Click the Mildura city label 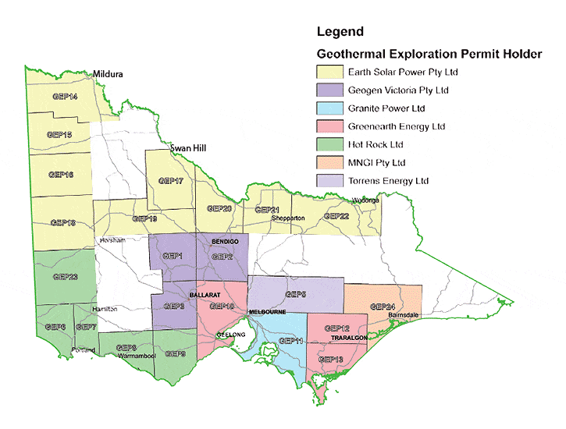(x=109, y=76)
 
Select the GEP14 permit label (x=65, y=97)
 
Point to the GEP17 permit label (x=170, y=181)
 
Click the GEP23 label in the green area (x=65, y=276)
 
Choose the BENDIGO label (x=224, y=243)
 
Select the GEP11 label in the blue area (x=290, y=342)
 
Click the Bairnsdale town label (x=404, y=315)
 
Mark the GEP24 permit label (x=382, y=307)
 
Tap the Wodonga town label (x=365, y=200)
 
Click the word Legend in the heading (x=340, y=32)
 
